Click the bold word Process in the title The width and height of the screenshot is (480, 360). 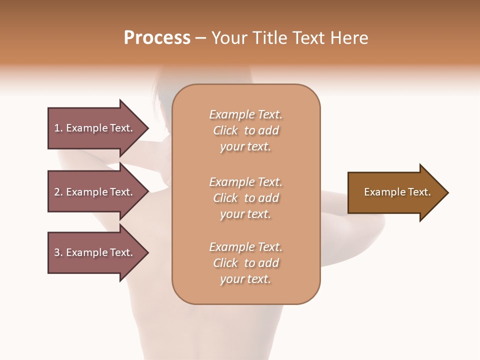[x=157, y=38]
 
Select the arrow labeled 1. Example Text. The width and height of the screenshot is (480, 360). [x=95, y=128]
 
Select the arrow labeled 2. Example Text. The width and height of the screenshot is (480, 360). [x=95, y=192]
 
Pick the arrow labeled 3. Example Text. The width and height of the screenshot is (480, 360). [x=95, y=252]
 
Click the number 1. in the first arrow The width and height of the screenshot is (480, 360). [x=58, y=128]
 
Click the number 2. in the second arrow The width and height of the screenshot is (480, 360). [x=58, y=192]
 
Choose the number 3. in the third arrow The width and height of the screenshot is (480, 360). [x=58, y=252]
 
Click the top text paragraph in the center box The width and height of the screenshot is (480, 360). [x=245, y=130]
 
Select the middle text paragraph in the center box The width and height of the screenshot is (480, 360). [x=245, y=198]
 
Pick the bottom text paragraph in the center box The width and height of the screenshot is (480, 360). [x=245, y=263]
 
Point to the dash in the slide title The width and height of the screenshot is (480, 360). [x=200, y=38]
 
